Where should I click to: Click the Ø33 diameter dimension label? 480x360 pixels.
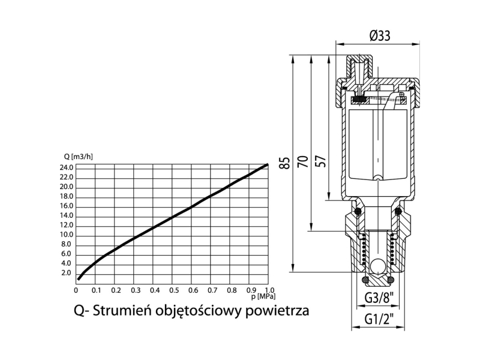[380, 36]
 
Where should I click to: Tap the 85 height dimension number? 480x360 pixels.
[285, 163]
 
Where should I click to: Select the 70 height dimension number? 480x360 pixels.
[303, 161]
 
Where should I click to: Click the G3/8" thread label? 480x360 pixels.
[379, 298]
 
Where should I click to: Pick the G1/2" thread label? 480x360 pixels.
[379, 319]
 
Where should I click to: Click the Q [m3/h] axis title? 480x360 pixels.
[78, 157]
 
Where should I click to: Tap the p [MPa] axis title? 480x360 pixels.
[263, 296]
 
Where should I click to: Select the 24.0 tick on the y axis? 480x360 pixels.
[67, 168]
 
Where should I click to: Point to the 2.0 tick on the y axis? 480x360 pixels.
[66, 273]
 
